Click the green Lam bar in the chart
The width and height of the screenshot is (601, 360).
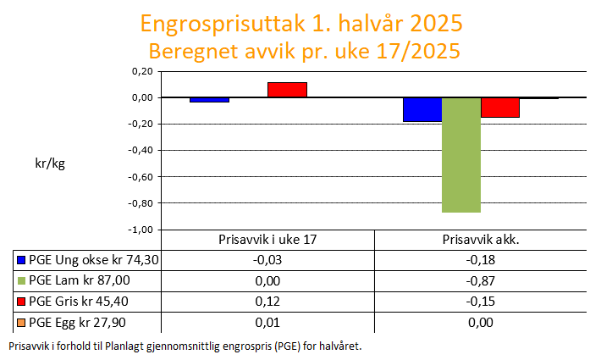461,155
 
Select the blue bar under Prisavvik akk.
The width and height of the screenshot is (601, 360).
422,109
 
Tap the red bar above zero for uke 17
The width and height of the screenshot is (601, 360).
287,90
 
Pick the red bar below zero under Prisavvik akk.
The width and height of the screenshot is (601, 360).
500,108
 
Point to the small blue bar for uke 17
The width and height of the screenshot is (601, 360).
209,100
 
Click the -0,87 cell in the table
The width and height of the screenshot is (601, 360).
481,281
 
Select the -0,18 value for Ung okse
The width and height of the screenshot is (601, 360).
481,260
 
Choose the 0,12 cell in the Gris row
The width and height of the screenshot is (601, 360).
267,302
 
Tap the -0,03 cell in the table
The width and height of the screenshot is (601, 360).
267,260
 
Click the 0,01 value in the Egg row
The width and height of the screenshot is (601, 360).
267,323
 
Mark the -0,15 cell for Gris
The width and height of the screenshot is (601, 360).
481,302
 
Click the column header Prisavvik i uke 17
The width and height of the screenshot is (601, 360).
267,240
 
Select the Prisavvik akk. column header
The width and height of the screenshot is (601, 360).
481,240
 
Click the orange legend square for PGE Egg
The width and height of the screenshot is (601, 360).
21,323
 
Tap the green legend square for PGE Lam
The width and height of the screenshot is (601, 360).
21,280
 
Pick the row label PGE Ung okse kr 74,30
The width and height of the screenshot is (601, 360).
93,260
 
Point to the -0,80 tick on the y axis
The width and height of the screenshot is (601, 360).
141,203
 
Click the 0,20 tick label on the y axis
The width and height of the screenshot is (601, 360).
142,71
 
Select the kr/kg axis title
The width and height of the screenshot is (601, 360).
50,163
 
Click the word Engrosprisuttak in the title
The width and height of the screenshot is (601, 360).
223,24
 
